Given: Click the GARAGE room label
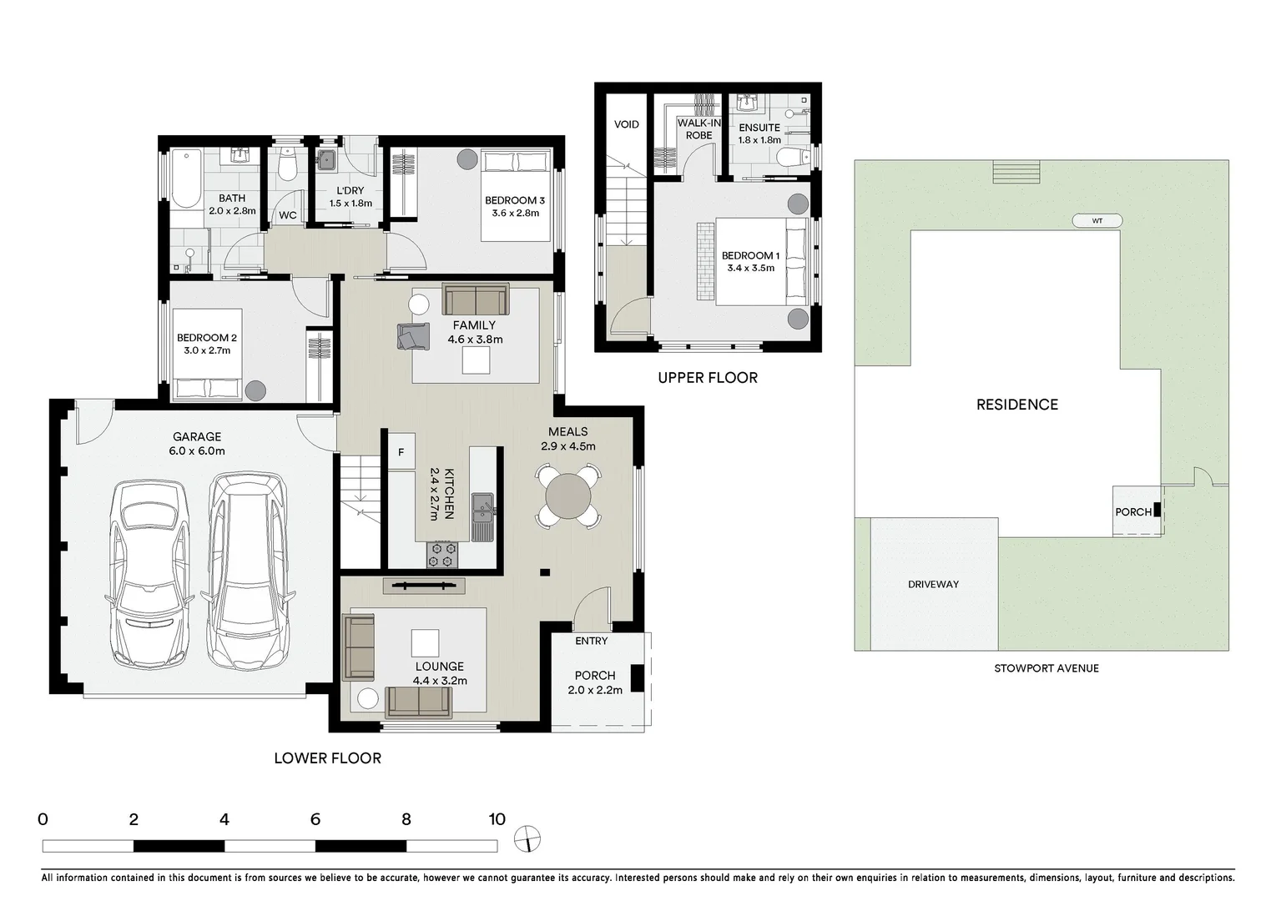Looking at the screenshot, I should (197, 436).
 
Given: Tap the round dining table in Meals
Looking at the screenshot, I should (567, 496).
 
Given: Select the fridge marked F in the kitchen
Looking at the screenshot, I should (401, 452).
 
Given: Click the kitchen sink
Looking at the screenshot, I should (482, 506).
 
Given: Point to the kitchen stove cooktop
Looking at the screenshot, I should (442, 553).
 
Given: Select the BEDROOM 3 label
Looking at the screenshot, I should (514, 200).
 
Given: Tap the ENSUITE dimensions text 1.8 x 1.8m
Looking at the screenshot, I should (759, 140).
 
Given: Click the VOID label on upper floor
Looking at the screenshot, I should (626, 124).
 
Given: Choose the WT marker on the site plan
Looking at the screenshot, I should (1097, 221).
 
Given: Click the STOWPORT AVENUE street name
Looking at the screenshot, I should (1046, 668).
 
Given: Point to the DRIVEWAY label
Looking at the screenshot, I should (933, 584).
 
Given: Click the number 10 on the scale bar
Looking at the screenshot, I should (497, 819).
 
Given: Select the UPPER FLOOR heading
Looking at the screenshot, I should (707, 378).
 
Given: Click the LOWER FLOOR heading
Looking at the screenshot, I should (327, 758).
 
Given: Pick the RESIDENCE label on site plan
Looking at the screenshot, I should (1016, 405).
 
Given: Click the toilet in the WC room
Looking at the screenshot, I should (287, 165).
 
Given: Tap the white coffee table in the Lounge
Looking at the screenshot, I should (425, 642).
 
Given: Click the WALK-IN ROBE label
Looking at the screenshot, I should (699, 129).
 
